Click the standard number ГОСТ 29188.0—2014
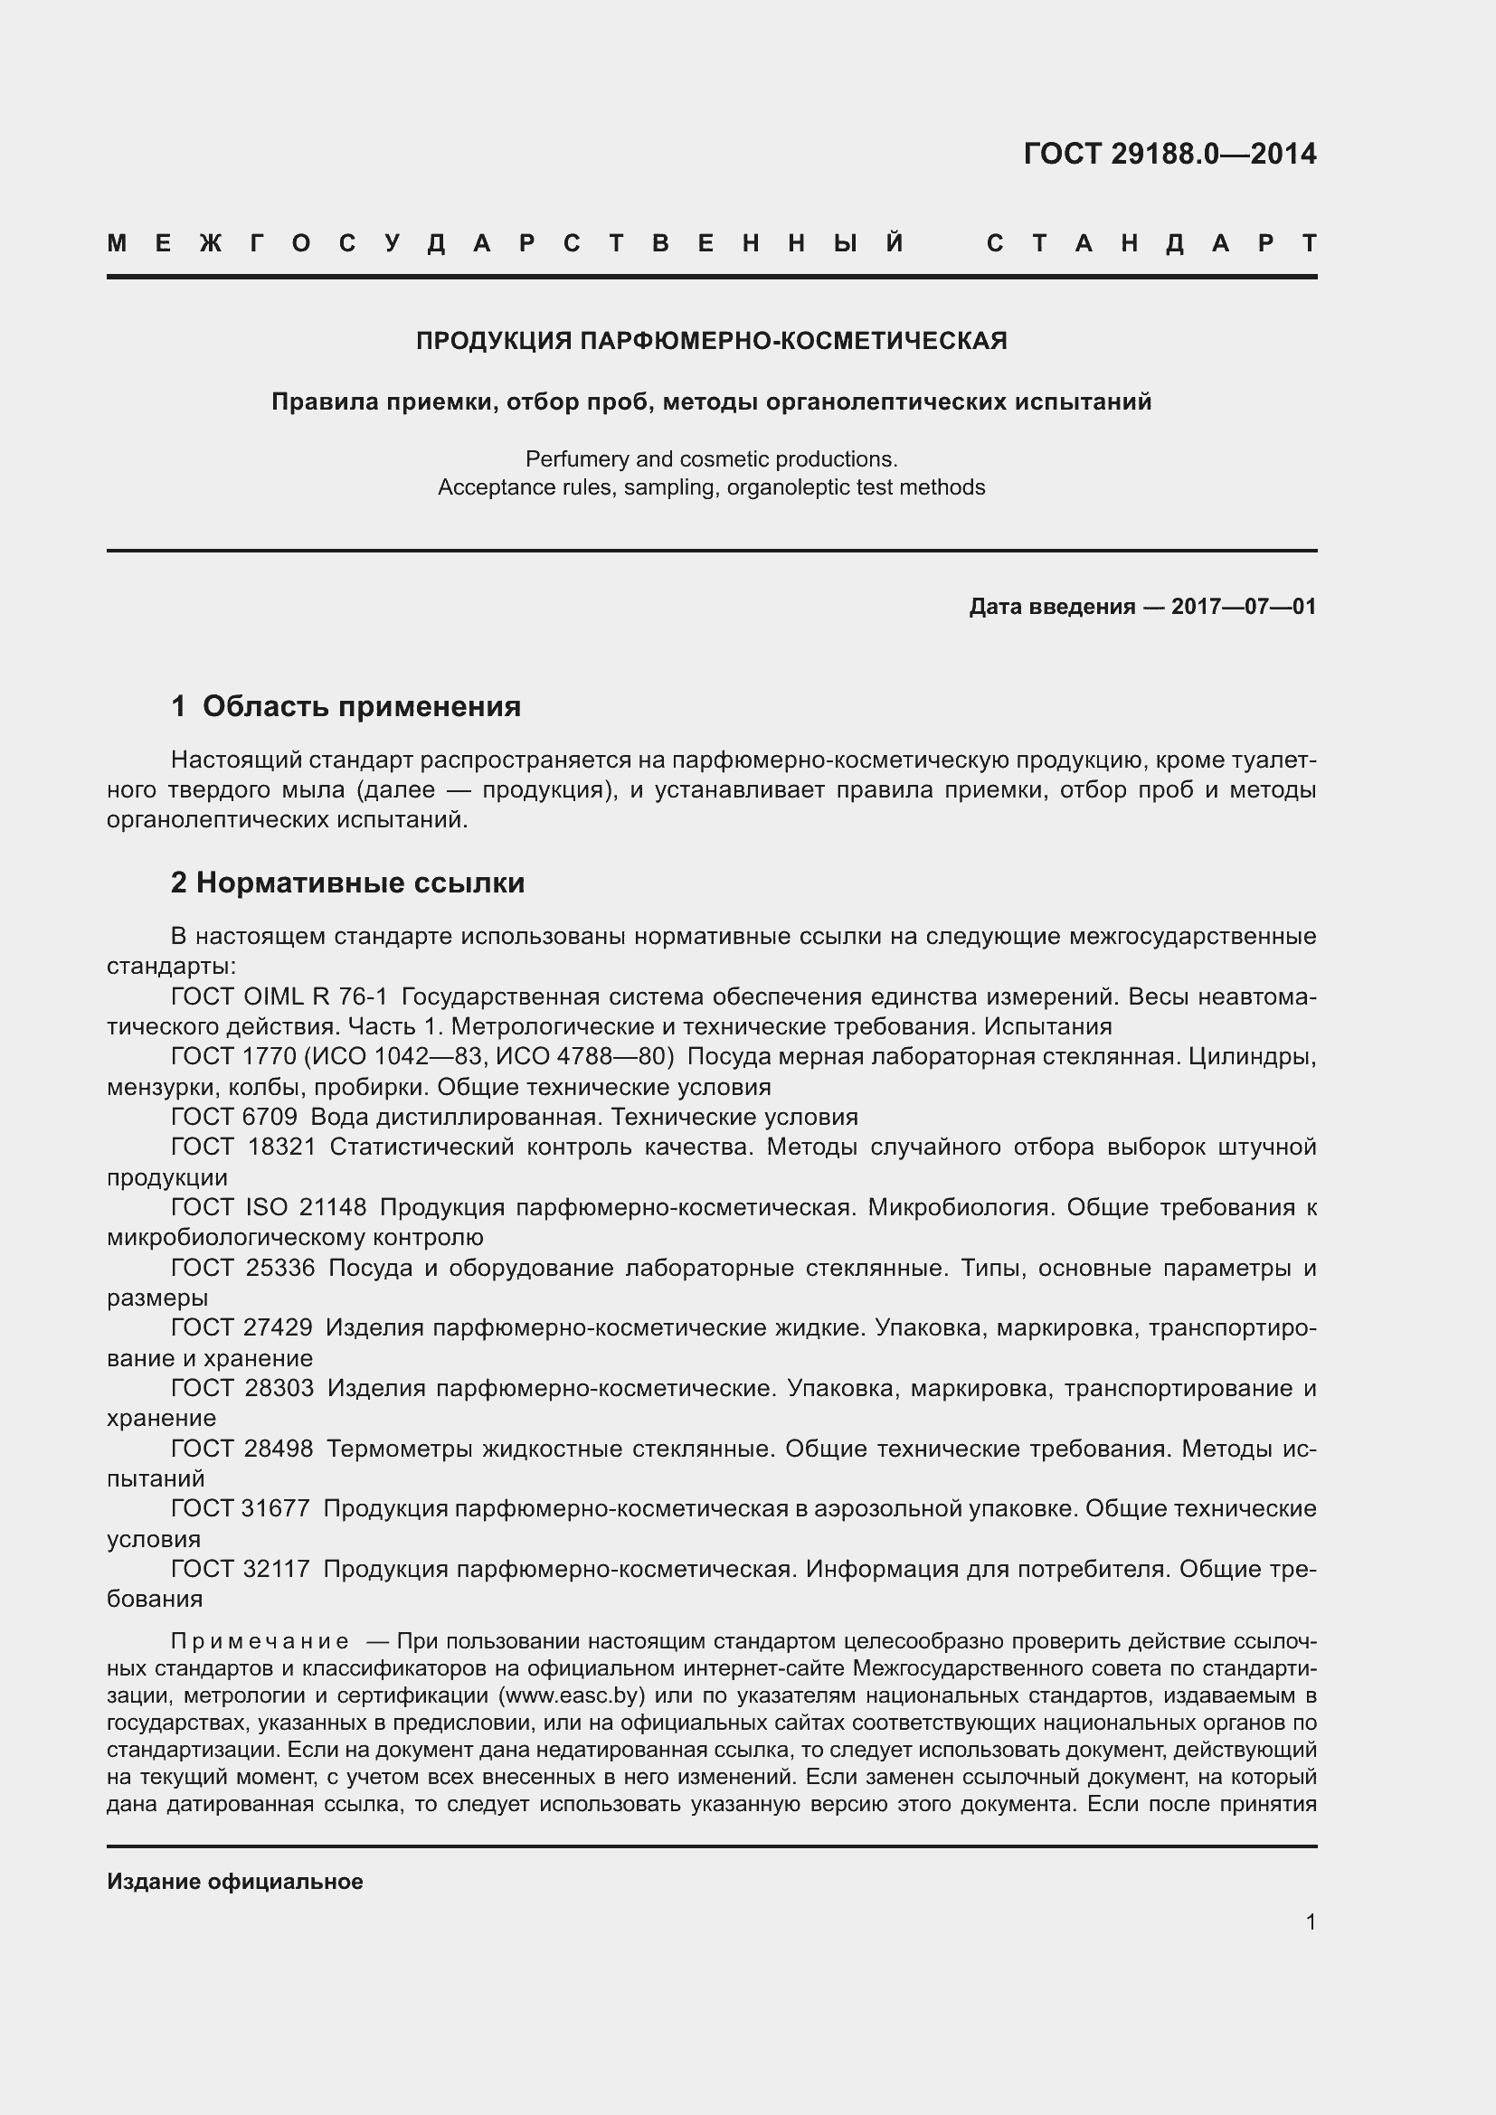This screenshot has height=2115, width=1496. coord(1169,154)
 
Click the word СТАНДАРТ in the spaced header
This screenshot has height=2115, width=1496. coord(1151,244)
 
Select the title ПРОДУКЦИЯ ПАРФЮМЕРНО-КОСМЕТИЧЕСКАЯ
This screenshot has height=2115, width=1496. coord(711,342)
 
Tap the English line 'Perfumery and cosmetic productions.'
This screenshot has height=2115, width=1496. coord(711,458)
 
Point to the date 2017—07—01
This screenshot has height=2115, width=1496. coord(1244,607)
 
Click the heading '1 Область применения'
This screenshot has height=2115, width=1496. coord(346,706)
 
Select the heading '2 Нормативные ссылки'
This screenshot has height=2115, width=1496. coord(347,883)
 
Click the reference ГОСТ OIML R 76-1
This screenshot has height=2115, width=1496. coord(279,996)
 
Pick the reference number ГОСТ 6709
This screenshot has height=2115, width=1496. coord(234,1118)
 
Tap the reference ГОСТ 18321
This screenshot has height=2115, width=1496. coord(243,1147)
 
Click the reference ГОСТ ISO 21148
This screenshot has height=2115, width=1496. coord(268,1207)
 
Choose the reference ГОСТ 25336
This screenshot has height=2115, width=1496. coord(243,1268)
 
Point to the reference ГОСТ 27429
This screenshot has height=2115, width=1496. coord(241,1327)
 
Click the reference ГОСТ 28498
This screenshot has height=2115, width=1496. coord(241,1449)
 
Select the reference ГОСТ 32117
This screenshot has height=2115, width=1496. coord(241,1569)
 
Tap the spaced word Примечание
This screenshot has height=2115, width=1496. coord(260,1641)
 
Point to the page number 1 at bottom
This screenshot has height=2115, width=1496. coord(1310,1921)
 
